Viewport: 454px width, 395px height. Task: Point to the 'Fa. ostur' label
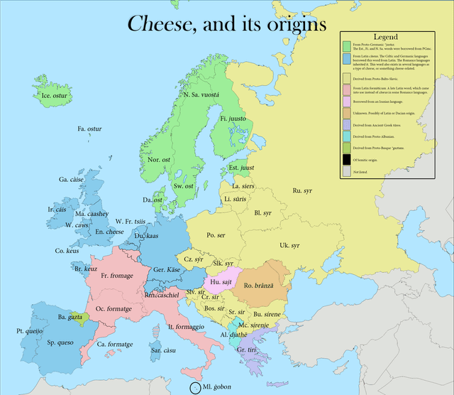[x=89, y=129]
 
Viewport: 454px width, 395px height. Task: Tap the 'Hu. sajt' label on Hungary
[x=221, y=282]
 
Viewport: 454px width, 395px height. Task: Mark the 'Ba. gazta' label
[x=71, y=317]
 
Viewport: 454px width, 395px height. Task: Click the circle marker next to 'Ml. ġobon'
[x=195, y=388]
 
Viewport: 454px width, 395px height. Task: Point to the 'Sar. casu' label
[x=163, y=350]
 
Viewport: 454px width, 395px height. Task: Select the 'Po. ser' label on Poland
[x=216, y=235]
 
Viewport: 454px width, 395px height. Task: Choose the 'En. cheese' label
[x=110, y=232]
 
